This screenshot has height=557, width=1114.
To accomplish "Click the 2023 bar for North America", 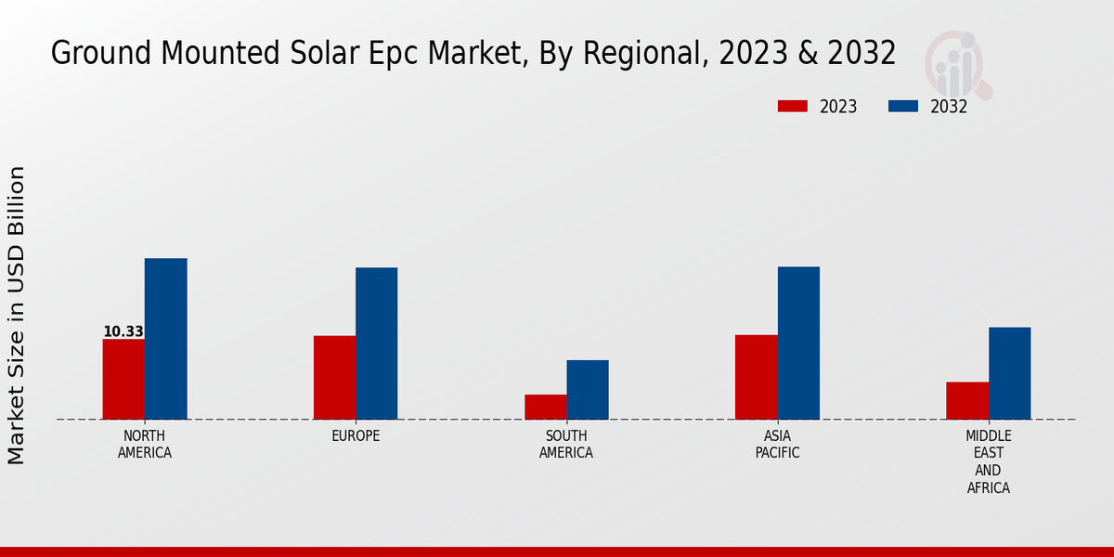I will click(123, 379).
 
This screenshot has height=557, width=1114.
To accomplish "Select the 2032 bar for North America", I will click(165, 339).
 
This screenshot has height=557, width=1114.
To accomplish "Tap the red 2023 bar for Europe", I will click(334, 377).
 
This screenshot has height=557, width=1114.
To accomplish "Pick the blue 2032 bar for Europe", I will click(376, 343).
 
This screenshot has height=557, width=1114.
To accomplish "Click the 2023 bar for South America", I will click(545, 407).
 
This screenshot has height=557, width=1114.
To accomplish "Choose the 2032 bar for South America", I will click(588, 390).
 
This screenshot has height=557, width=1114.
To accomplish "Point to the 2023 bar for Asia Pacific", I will click(756, 377).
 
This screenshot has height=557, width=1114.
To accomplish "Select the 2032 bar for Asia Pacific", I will click(798, 343).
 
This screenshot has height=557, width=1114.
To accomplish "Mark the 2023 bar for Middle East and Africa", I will click(967, 400).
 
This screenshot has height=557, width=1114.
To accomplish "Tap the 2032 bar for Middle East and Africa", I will click(1009, 373).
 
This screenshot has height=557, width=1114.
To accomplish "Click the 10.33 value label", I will click(123, 331).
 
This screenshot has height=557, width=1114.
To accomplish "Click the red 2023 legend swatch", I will click(793, 107).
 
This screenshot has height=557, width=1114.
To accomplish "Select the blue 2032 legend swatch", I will click(902, 107).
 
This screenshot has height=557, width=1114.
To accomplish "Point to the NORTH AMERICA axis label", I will click(145, 445).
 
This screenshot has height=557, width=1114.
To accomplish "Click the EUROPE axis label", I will click(356, 436).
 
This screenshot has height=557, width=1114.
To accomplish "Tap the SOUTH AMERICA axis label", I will click(566, 445).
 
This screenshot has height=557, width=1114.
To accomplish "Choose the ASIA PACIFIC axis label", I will click(777, 445).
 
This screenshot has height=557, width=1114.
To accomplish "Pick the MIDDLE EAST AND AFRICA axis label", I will click(988, 461).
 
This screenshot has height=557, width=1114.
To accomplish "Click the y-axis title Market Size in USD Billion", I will click(17, 316).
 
